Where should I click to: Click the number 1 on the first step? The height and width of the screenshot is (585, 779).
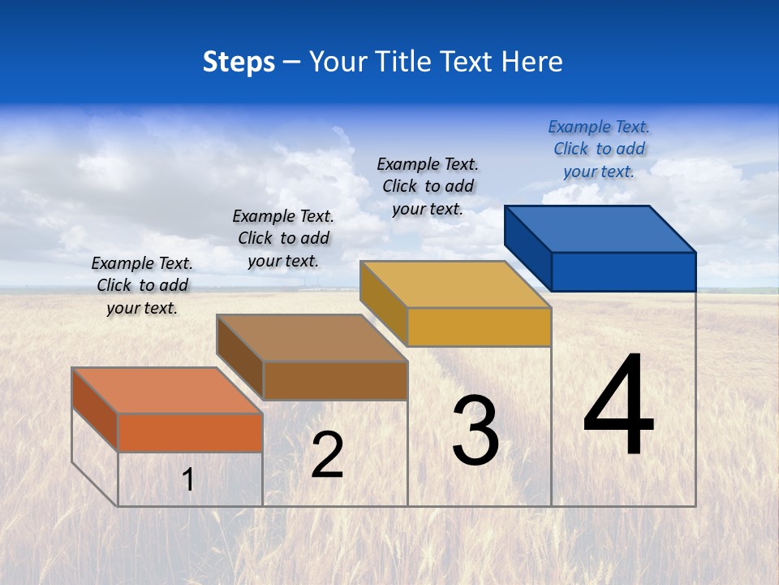pos(188,479)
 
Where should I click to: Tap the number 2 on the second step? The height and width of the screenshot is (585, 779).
pos(327,455)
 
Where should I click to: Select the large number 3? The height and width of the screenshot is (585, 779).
pos(475,431)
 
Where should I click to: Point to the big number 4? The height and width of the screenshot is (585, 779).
pos(618,405)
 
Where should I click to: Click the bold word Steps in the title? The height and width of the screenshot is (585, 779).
pos(239,62)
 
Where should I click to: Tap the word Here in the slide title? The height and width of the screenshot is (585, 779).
pos(532,62)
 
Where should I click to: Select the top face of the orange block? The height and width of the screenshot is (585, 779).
pos(166,391)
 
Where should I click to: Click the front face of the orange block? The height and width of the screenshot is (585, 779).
pos(190,432)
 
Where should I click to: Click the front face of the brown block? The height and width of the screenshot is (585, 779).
pos(335,380)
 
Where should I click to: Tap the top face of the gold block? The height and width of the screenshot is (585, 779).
pos(455,284)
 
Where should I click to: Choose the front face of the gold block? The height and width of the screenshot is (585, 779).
pos(479,327)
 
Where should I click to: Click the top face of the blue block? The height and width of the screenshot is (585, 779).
pos(600,229)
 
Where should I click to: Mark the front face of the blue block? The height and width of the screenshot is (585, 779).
pos(623,271)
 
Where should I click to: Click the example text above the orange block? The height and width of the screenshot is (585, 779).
pos(142,285)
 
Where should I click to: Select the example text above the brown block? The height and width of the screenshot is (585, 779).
pos(283,238)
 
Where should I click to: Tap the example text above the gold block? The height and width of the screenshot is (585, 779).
pos(428,186)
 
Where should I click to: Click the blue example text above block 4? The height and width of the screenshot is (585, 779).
pos(599,149)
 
